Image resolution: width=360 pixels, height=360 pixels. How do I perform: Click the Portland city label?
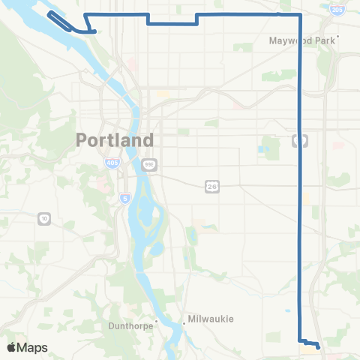pos(115,139)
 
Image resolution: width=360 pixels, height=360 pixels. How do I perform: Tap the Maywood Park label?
pos(302,40)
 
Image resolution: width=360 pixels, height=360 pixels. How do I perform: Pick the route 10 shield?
pos(43,218)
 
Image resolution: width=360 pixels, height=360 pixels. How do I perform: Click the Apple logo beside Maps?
pos(12,347)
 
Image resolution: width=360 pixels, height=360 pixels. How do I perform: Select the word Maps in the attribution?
pos(33,347)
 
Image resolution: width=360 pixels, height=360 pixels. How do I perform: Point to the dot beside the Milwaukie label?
pos(184,323)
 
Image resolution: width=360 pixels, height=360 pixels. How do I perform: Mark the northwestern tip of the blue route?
pos(50,13)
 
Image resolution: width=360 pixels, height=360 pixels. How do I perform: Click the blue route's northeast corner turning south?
pos(301,14)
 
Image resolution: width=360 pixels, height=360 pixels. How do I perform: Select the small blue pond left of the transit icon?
pos(262,148)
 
